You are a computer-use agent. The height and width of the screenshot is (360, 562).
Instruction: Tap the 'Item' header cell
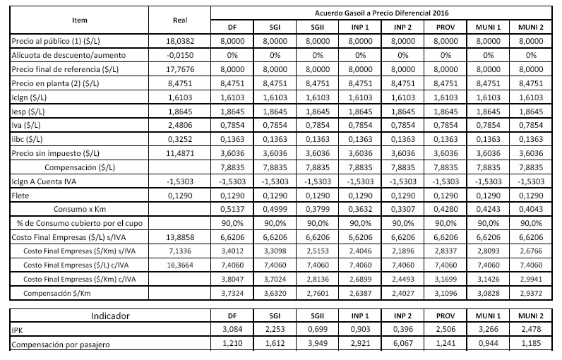click(x=79, y=20)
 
